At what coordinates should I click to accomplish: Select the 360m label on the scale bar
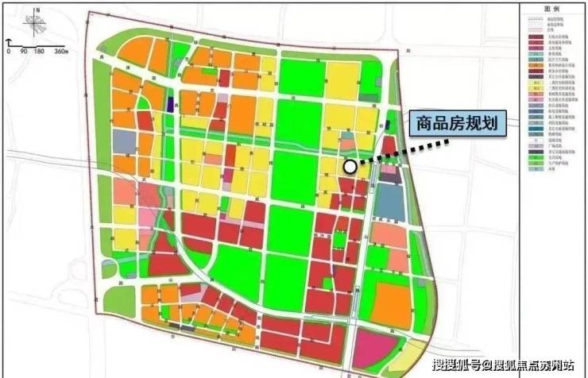(x=61, y=51)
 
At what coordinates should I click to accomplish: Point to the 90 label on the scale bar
(x=24, y=51)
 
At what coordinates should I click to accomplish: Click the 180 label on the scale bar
(x=40, y=51)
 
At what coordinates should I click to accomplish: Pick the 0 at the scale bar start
(x=8, y=51)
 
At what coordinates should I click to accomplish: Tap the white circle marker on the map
(x=350, y=166)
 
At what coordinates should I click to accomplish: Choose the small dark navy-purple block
(x=172, y=104)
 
